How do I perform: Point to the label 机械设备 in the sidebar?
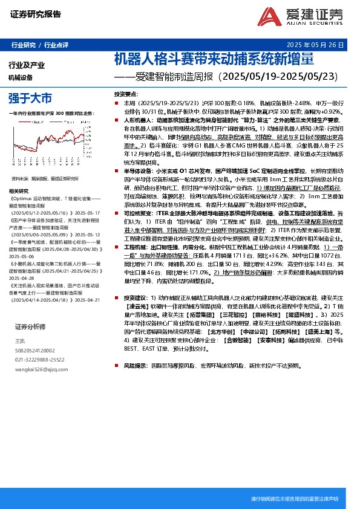click(x=20, y=77)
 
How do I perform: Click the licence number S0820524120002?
click(x=34, y=350)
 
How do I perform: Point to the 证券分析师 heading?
click(x=30, y=326)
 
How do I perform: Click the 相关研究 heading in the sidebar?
click(x=20, y=206)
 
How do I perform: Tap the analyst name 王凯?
click(x=20, y=342)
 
